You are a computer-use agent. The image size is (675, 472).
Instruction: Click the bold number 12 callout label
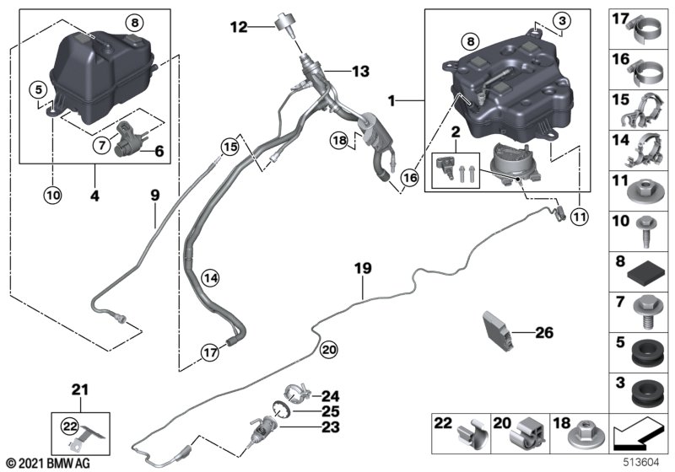239,28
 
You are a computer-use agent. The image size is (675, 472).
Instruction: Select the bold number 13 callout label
360,72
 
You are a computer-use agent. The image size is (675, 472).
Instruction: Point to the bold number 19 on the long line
363,269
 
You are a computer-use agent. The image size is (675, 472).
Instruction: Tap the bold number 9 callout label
154,196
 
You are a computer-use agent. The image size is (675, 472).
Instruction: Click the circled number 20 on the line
328,349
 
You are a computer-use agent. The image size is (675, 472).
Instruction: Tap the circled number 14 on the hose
210,276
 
